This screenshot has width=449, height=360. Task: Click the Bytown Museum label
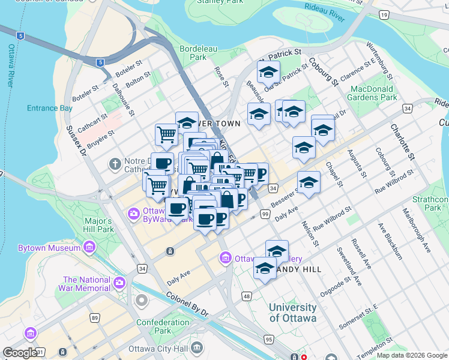click(49, 247)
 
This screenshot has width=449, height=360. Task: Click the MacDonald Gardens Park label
click(374, 93)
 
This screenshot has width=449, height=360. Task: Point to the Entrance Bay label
click(50, 109)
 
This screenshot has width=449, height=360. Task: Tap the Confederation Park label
click(162, 326)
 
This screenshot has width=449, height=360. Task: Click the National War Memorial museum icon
click(119, 282)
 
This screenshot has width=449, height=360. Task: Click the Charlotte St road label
click(403, 142)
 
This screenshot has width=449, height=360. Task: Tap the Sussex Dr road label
click(77, 139)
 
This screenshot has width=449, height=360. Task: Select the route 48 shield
click(246, 296)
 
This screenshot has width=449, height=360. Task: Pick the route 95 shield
click(268, 340)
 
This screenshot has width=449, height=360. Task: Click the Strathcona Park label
click(435, 203)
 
